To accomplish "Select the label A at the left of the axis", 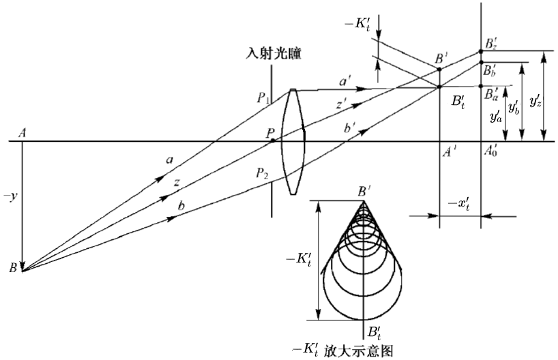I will [x=23, y=133].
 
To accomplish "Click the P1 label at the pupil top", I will [x=264, y=99].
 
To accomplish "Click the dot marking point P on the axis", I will [x=273, y=140].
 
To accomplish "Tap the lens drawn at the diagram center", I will [x=293, y=142].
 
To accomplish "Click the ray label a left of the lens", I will [x=168, y=160].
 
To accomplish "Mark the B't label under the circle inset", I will [x=374, y=333].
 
